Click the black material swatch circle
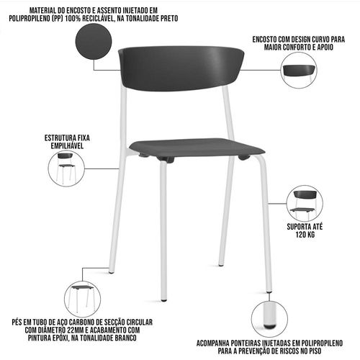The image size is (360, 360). click(94, 42)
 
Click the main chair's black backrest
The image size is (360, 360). click(181, 68)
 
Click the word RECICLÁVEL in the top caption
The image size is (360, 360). click(98, 19)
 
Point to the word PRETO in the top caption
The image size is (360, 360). click(168, 19)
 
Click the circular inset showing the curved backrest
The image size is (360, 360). click(299, 70)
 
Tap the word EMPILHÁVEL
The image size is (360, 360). click(67, 145)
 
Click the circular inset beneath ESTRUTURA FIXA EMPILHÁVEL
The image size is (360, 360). click(66, 168)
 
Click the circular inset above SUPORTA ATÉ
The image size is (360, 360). click(305, 203)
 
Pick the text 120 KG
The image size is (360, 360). click(305, 234)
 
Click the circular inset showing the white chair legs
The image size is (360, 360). click(83, 299)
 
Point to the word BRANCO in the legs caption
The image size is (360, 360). click(125, 338)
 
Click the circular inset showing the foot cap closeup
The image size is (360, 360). click(269, 319)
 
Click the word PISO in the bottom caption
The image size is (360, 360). click(313, 351)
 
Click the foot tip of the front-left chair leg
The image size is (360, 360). click(164, 300)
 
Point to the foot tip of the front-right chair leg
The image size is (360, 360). click(269, 291)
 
